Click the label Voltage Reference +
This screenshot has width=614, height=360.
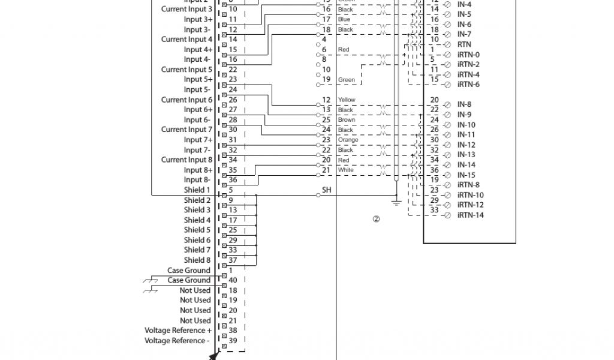[x=177, y=331]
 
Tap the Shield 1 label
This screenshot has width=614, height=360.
[x=197, y=190]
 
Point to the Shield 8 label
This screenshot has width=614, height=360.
[x=197, y=260]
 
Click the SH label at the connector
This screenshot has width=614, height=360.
[x=327, y=190]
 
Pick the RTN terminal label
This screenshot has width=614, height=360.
[x=464, y=44]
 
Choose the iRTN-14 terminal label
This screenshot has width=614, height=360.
[x=470, y=215]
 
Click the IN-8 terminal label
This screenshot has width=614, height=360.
[x=465, y=104]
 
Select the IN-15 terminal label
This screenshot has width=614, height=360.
[x=466, y=175]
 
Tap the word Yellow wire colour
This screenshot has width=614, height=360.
[x=347, y=100]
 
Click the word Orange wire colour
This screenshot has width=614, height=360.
[x=348, y=140]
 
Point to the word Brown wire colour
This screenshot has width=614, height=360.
[x=347, y=120]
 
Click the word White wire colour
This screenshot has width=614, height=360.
[x=346, y=170]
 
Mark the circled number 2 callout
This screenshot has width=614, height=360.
[x=377, y=219]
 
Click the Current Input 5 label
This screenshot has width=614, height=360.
[x=186, y=70]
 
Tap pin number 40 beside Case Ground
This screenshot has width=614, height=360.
[x=233, y=280]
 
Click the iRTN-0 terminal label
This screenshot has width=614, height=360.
[x=468, y=55]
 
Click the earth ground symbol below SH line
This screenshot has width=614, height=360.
[x=396, y=202]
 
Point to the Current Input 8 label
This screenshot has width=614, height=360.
[x=186, y=160]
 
